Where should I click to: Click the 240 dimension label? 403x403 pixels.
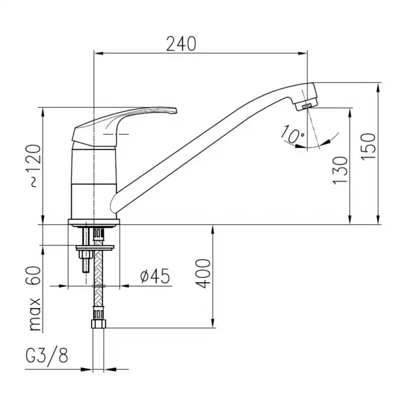pyautogui.click(x=181, y=44)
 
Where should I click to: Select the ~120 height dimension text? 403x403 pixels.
pyautogui.click(x=34, y=166)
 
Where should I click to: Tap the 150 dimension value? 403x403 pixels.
pyautogui.click(x=368, y=147)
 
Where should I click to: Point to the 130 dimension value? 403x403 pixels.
pyautogui.click(x=340, y=170)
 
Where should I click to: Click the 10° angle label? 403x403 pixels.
pyautogui.click(x=292, y=134)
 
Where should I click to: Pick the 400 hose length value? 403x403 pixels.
pyautogui.click(x=203, y=273)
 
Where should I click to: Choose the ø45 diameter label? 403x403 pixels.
pyautogui.click(x=155, y=276)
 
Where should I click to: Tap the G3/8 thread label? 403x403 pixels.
pyautogui.click(x=47, y=356)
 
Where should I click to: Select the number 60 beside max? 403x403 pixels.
pyautogui.click(x=33, y=275)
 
